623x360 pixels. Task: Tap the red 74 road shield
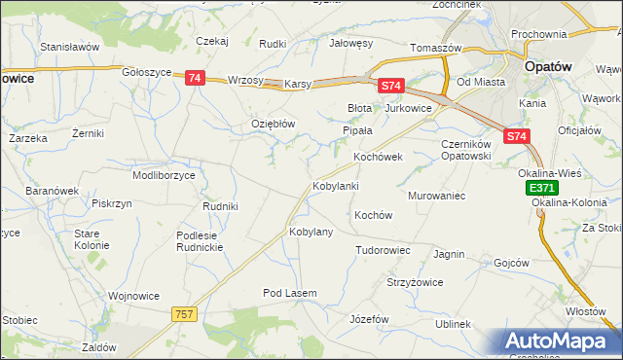point(194,78)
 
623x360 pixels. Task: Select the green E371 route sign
point(542,187)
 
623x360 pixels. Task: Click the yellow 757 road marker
point(184,313)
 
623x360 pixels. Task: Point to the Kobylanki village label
point(336,185)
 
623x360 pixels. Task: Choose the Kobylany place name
point(311,232)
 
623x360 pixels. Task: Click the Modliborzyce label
point(165,175)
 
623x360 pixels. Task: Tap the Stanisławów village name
point(70,46)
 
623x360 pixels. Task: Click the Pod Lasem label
point(290,293)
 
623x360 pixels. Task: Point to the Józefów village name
point(369,319)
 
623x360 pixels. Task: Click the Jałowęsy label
point(351,43)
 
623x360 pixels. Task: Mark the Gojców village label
point(511,263)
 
